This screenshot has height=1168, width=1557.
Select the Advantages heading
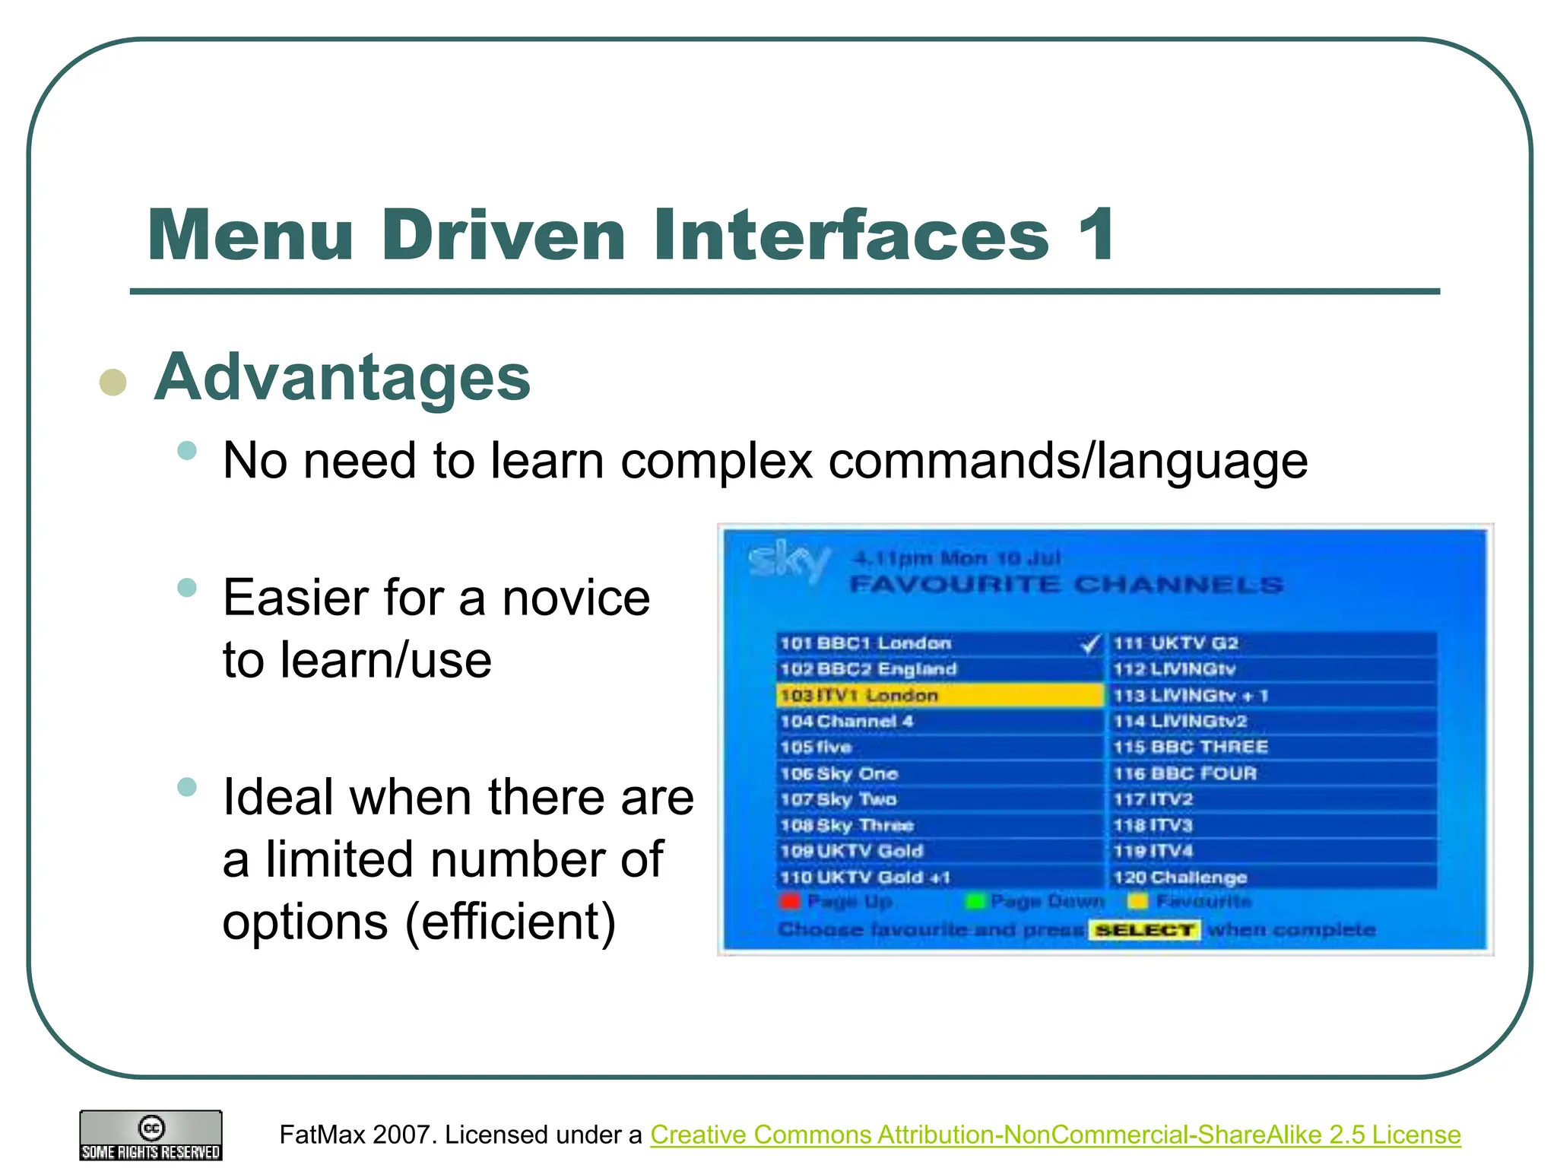pos(342,378)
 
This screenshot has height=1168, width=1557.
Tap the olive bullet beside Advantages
pos(113,382)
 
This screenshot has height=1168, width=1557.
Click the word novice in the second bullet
pos(576,598)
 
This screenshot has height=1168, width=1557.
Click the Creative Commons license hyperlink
pos(1055,1135)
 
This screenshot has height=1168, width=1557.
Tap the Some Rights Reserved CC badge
pos(151,1135)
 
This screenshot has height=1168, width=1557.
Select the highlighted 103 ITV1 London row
pos(938,695)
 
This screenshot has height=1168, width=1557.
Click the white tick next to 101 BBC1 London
pos(1090,644)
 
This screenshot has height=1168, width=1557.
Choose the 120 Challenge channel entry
pos(1180,878)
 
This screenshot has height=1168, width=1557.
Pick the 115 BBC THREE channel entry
pos(1190,747)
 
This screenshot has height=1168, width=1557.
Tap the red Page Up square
pos(790,902)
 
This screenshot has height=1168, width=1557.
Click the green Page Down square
pos(974,902)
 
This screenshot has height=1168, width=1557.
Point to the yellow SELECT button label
pos(1144,930)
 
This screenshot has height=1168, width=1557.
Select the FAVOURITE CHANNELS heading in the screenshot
pos(1066,585)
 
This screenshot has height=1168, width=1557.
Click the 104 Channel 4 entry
pos(846,722)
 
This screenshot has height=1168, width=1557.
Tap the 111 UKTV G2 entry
pos(1175,643)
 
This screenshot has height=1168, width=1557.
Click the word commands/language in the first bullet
pos(1067,461)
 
